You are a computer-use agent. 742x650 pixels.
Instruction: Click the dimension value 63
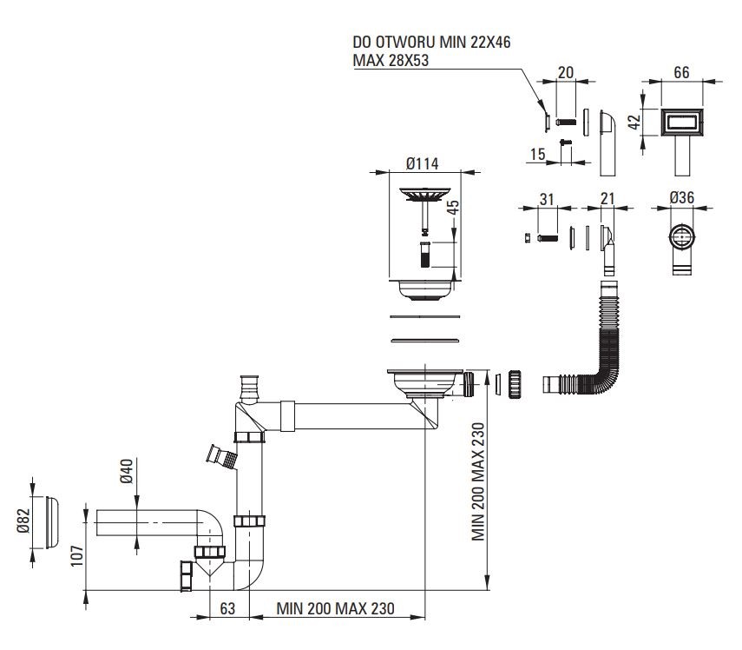click(227, 609)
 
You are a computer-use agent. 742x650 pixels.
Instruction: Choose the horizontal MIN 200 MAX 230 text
click(335, 609)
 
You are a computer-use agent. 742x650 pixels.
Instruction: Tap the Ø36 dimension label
click(682, 198)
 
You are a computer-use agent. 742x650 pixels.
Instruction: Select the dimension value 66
click(681, 75)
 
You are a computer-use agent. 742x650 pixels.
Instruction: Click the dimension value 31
click(547, 199)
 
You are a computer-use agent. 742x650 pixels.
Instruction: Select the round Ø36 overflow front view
click(682, 238)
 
